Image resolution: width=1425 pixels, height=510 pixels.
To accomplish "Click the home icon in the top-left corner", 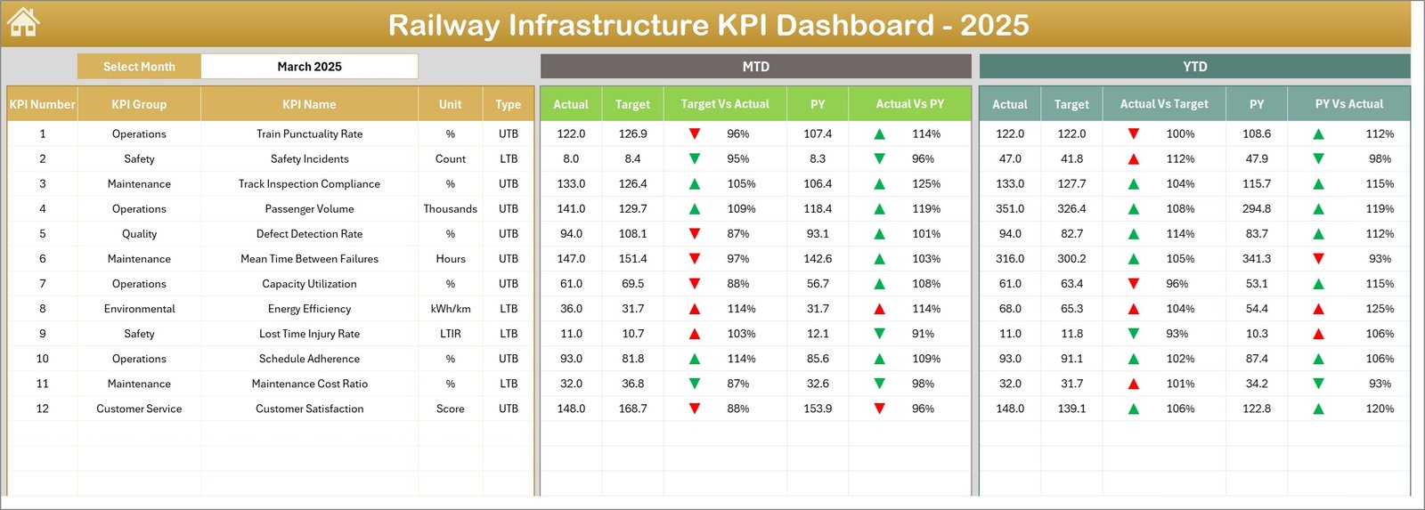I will pos(23,22).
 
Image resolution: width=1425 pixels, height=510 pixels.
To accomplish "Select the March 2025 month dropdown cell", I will pos(309,67).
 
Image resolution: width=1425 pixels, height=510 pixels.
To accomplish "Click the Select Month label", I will pos(139,67).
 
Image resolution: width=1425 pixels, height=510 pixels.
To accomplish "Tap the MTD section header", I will pos(755,67).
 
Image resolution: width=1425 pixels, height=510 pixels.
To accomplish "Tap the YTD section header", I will pos(1194,67).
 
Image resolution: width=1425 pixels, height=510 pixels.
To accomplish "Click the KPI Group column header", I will pos(139,104).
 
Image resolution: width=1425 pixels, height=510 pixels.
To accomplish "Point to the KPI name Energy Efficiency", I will pos(309,309).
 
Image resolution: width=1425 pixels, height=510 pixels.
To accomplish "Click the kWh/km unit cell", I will pos(450,309).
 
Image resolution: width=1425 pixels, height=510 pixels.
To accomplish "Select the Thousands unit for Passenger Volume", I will pos(450,209).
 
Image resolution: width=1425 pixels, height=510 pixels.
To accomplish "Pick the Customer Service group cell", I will pos(139,409).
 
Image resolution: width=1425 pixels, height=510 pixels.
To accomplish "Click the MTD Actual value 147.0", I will pos(571,259).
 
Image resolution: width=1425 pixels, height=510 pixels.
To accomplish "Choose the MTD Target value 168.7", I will pos(632,409).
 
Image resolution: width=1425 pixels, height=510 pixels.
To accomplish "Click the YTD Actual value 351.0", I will pos(1010,209).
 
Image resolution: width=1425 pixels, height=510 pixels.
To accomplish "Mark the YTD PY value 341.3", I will pos(1257,259).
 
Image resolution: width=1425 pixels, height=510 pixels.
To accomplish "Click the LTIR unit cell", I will pos(450,334).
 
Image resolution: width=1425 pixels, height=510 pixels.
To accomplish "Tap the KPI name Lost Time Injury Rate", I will pos(309,334).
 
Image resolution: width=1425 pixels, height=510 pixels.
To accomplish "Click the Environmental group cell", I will pos(139,309).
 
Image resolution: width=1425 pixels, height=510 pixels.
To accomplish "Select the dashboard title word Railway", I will pos(443,25).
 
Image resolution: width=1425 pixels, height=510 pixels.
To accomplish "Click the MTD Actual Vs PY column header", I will pos(909,104).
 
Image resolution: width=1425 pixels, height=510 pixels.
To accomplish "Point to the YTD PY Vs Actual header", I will pos(1348,104).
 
